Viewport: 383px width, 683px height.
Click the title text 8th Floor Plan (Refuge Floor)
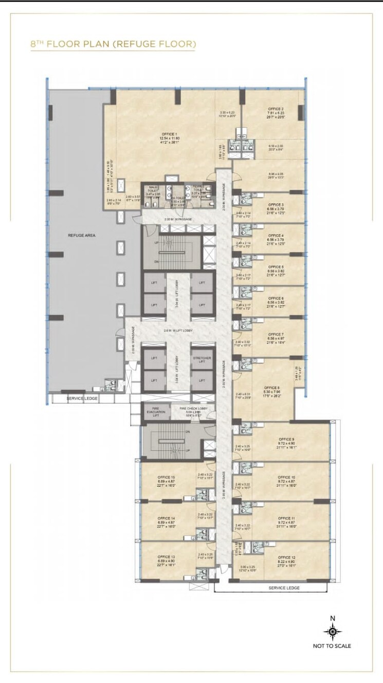pos(113,45)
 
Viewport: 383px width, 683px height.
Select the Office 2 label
pos(276,109)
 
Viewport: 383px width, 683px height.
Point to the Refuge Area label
pos(82,235)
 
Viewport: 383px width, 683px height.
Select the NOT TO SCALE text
pos(332,646)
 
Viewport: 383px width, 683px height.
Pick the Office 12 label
pos(286,557)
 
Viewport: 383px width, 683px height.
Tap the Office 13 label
pos(166,557)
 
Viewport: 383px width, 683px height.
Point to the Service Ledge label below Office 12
pos(284,588)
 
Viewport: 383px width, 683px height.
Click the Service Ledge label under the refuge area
pos(82,398)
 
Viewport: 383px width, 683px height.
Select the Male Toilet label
pos(153,189)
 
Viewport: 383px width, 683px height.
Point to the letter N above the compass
pos(333,618)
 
